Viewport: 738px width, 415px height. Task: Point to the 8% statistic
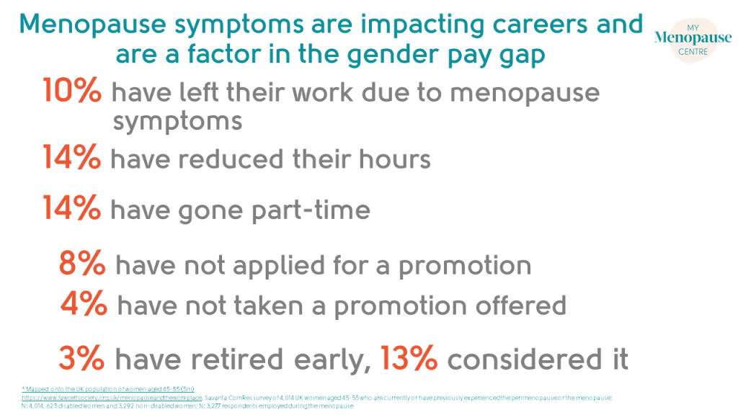pyautogui.click(x=82, y=264)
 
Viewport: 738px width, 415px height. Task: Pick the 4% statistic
pyautogui.click(x=84, y=305)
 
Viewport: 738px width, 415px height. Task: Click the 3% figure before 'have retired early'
pyautogui.click(x=82, y=358)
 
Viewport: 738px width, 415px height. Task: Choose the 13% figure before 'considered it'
pyautogui.click(x=409, y=358)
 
